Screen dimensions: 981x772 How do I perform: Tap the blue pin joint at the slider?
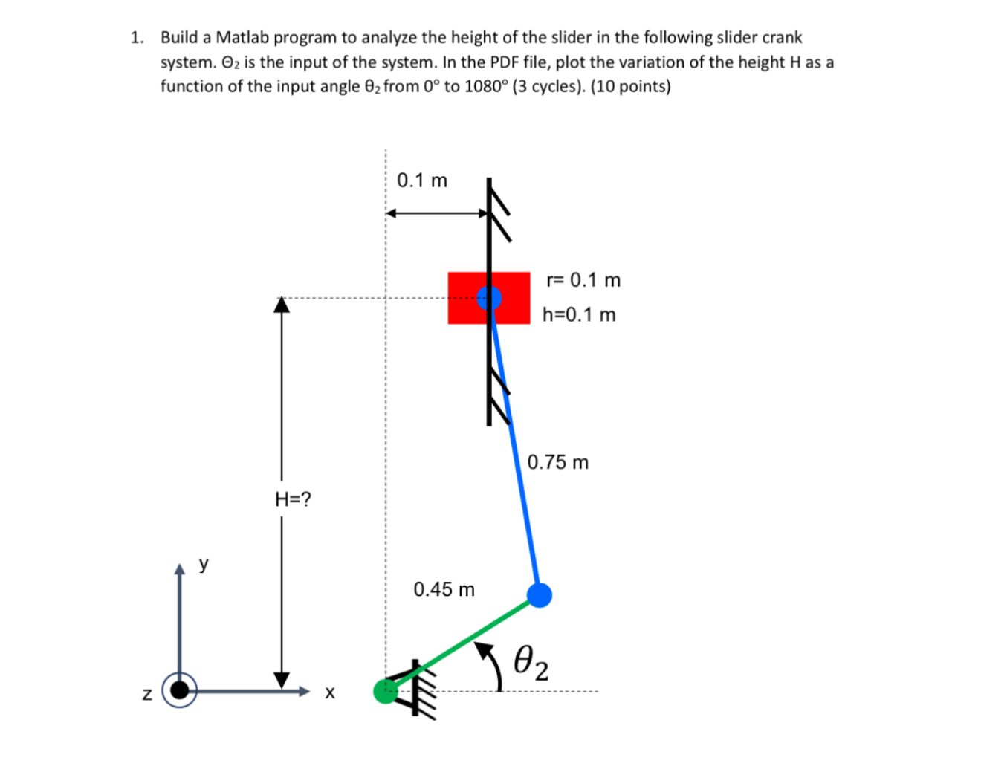[489, 298]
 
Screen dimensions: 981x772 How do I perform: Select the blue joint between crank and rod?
[539, 594]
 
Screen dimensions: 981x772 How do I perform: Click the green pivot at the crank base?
[385, 691]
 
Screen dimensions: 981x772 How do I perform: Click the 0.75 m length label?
[557, 462]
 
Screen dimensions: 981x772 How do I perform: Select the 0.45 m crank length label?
[444, 589]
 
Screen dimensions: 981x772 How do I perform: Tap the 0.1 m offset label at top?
[422, 181]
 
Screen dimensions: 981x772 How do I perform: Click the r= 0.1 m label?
[583, 280]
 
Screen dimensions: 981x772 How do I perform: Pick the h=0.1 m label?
[579, 314]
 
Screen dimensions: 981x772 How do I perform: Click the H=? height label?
[293, 499]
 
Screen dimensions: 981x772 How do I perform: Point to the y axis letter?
[204, 563]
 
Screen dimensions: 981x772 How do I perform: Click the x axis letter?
[330, 692]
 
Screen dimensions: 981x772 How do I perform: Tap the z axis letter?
[146, 694]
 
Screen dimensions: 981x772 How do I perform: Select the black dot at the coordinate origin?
[180, 690]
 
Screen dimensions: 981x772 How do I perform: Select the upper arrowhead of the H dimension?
[281, 305]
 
